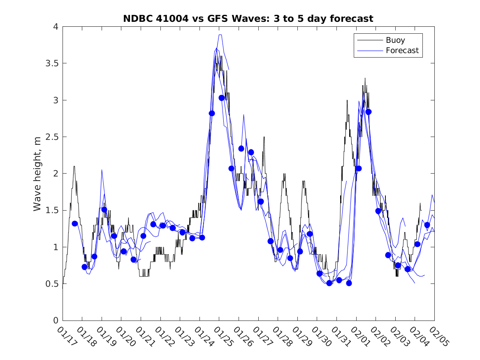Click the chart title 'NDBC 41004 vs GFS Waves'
pyautogui.click(x=248, y=19)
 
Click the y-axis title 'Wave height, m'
pyautogui.click(x=37, y=174)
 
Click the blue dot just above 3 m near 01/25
pyautogui.click(x=222, y=98)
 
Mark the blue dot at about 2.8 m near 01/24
pyautogui.click(x=212, y=113)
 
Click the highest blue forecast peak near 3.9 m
pyautogui.click(x=220, y=35)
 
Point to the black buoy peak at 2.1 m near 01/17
pyautogui.click(x=74, y=166)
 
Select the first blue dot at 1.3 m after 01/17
pyautogui.click(x=75, y=223)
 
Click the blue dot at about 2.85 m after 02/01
pyautogui.click(x=369, y=112)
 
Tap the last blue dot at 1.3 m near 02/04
pyautogui.click(x=427, y=225)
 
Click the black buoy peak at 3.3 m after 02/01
pyautogui.click(x=365, y=78)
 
